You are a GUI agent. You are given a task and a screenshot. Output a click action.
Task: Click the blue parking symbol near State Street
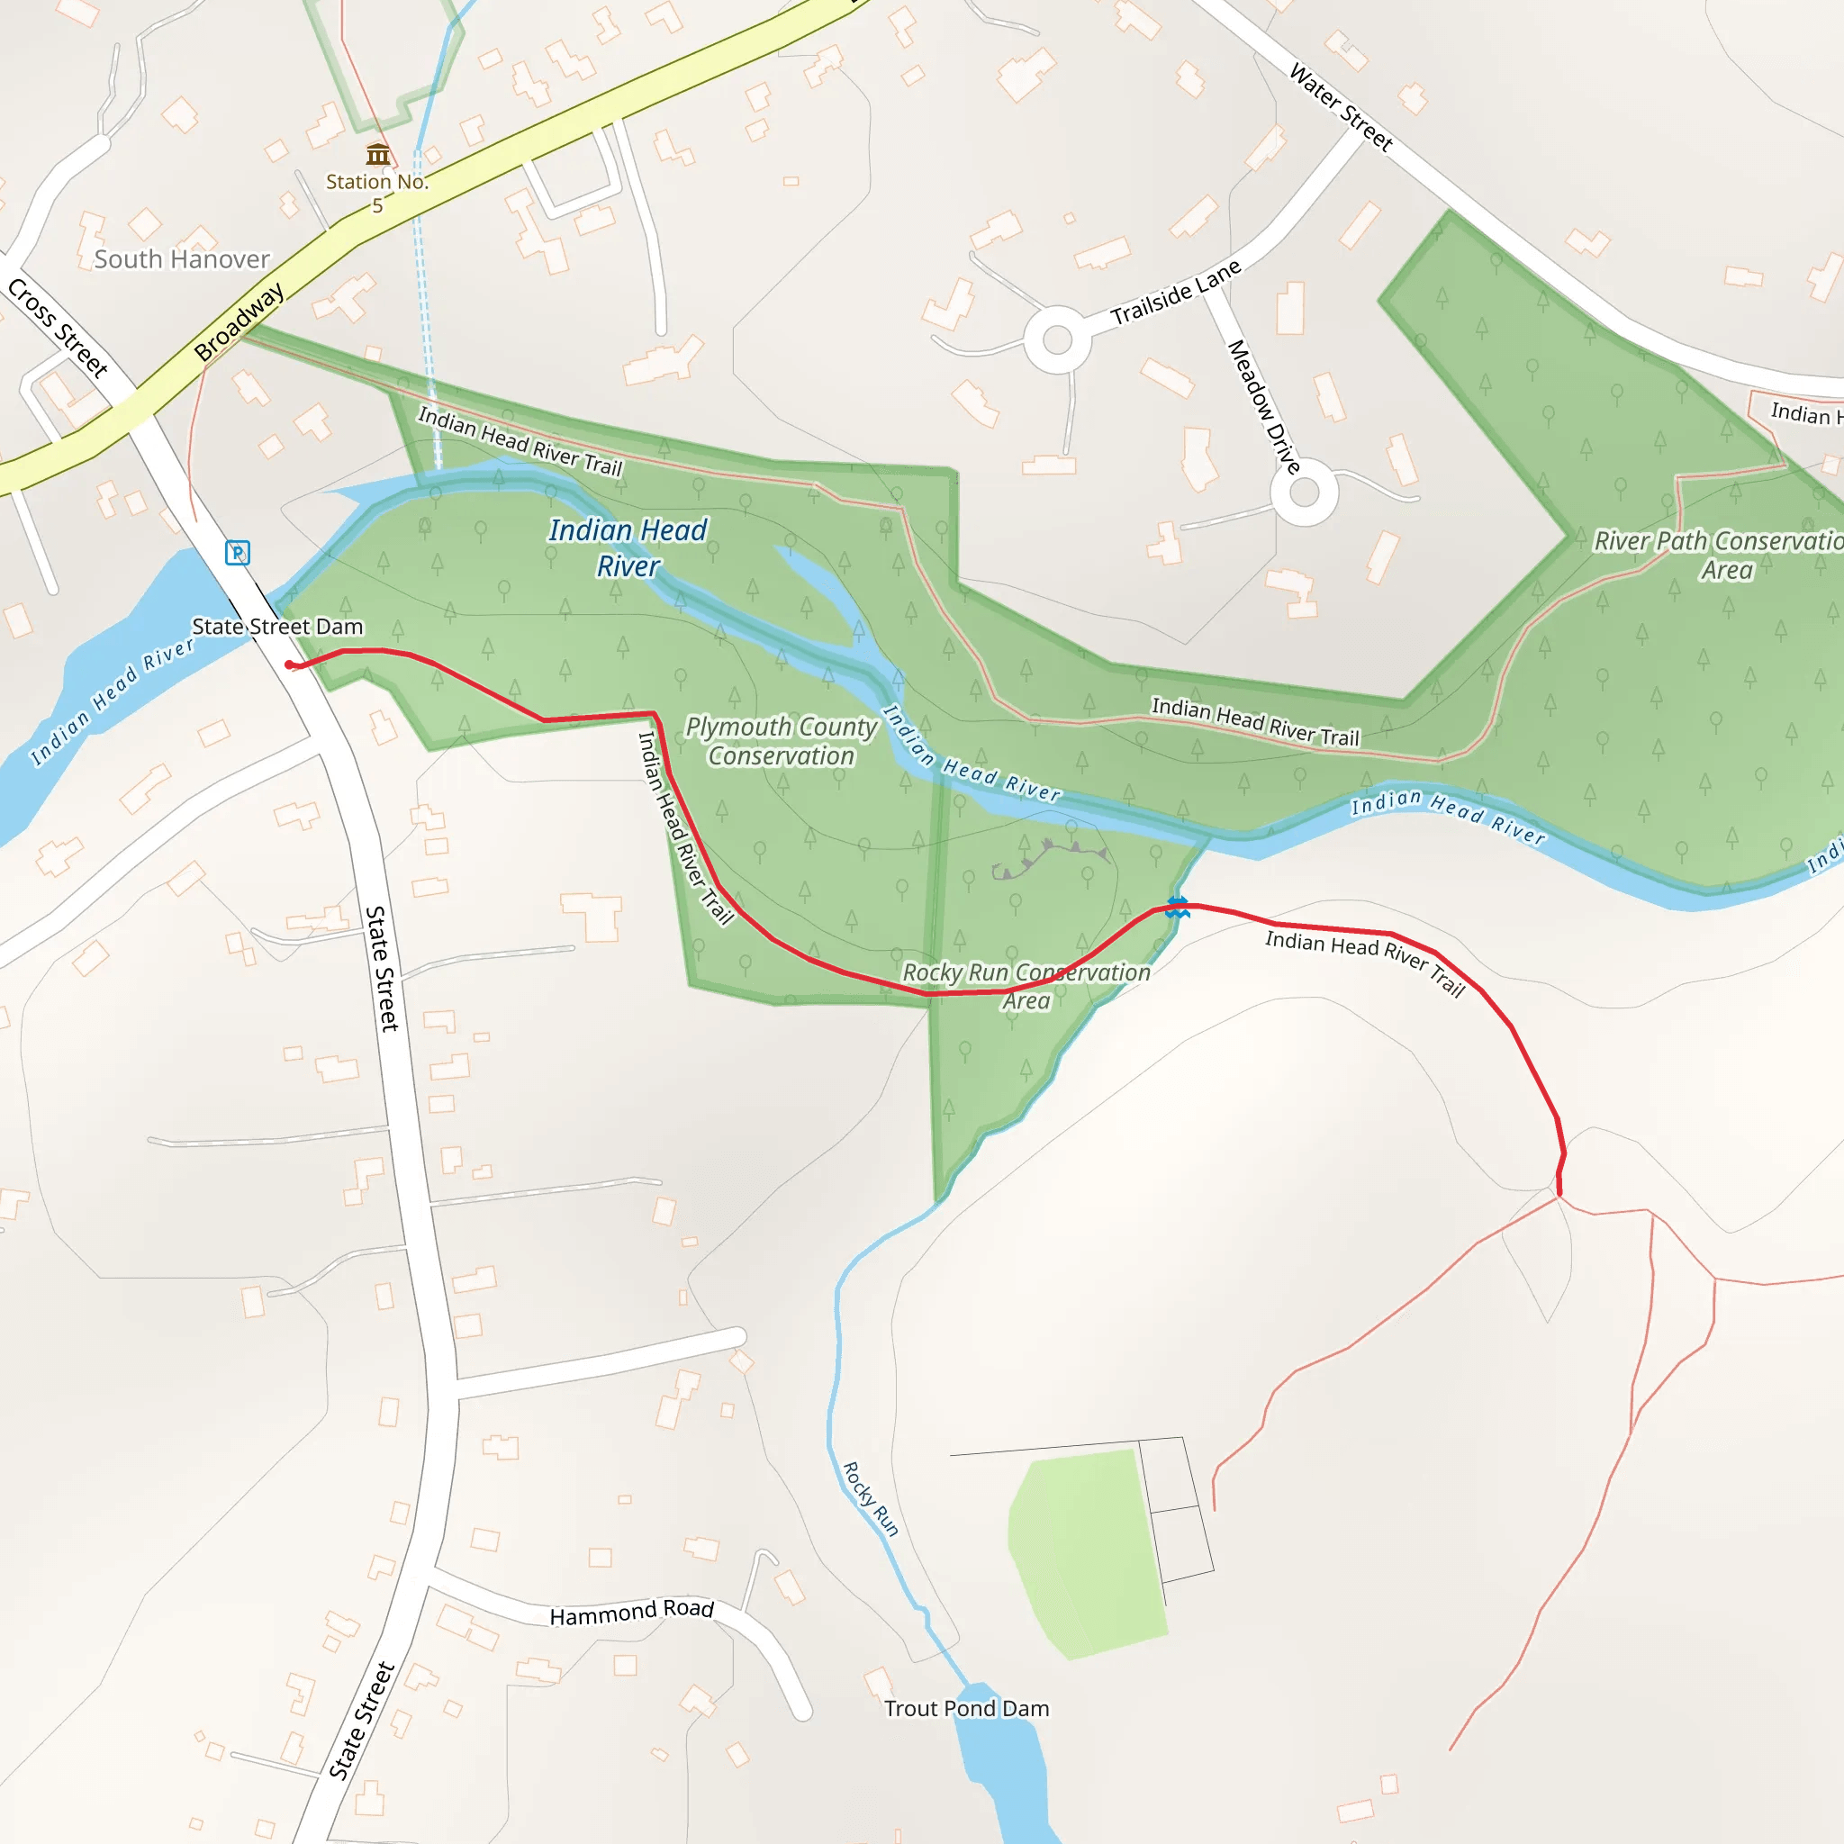pyautogui.click(x=237, y=553)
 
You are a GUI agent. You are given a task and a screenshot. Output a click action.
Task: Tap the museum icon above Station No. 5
pyautogui.click(x=378, y=154)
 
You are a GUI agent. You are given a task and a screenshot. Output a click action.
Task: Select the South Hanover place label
pyautogui.click(x=181, y=258)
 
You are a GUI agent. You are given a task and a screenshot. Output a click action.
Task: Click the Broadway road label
pyautogui.click(x=239, y=321)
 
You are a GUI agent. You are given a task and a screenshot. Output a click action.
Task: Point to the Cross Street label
pyautogui.click(x=59, y=327)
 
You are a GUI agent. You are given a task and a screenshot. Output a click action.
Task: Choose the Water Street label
pyautogui.click(x=1341, y=107)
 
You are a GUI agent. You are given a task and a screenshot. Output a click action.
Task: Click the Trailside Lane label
pyautogui.click(x=1175, y=292)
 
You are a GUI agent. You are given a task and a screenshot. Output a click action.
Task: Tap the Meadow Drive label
pyautogui.click(x=1263, y=407)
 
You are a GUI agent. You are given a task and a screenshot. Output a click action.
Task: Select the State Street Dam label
pyautogui.click(x=276, y=627)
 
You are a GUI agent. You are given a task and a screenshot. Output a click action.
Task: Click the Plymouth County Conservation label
pyautogui.click(x=781, y=741)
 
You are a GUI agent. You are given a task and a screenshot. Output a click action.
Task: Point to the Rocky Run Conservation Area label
pyautogui.click(x=1026, y=986)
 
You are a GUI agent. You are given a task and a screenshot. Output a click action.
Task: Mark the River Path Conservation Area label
pyautogui.click(x=1718, y=555)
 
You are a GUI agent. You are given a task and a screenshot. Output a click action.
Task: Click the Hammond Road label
pyautogui.click(x=631, y=1612)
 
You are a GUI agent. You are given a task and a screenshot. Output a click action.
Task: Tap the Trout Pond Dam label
pyautogui.click(x=966, y=1708)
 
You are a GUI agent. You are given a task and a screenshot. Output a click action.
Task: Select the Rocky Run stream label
pyautogui.click(x=871, y=1498)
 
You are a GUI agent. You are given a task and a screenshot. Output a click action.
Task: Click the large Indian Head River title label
pyautogui.click(x=628, y=547)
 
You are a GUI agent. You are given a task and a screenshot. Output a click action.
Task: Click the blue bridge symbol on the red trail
pyautogui.click(x=1178, y=907)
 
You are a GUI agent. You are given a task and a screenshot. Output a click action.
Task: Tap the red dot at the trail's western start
pyautogui.click(x=289, y=664)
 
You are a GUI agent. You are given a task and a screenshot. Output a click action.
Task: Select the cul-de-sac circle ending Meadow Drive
pyautogui.click(x=1304, y=493)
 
